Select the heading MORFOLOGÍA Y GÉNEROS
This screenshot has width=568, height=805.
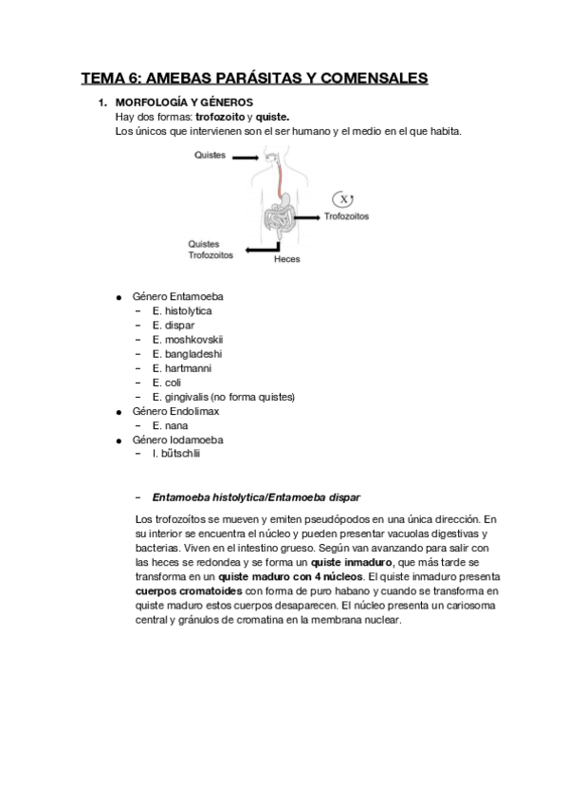[182, 102]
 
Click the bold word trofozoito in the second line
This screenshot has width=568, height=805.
[221, 116]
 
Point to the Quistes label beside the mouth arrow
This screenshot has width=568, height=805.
[210, 155]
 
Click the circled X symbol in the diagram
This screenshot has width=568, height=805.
[343, 198]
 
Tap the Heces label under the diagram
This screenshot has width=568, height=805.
[286, 258]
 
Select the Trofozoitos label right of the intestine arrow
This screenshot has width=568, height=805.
[347, 216]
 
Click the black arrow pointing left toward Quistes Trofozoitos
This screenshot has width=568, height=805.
[258, 249]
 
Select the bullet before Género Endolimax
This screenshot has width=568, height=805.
[119, 412]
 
